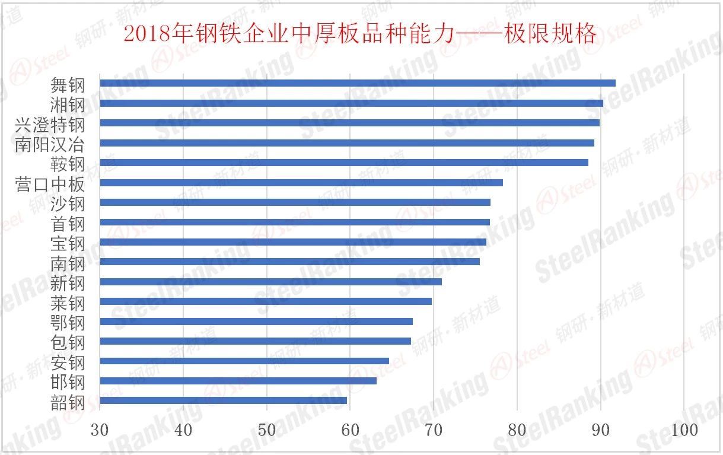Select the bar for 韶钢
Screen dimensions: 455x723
(223, 400)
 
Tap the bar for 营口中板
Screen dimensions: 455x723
(301, 182)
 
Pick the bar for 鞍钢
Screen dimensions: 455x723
(344, 163)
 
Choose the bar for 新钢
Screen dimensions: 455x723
(270, 281)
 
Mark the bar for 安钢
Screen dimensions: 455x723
(244, 361)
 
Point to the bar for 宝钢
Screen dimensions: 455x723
(293, 241)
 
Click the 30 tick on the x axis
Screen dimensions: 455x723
(100, 430)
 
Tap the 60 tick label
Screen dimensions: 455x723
(351, 430)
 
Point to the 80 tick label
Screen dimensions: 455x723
(517, 430)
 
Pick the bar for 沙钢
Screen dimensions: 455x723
(295, 202)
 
